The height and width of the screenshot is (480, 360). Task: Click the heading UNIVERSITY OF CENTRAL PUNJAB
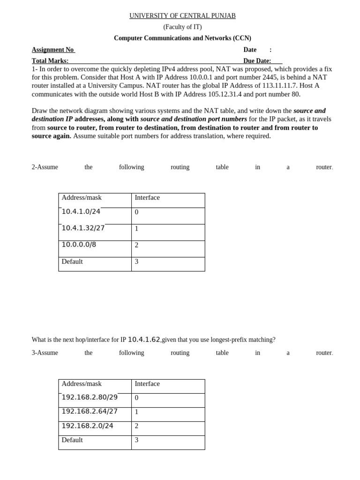pyautogui.click(x=182, y=16)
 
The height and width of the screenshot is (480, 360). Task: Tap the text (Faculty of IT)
pyautogui.click(x=182, y=27)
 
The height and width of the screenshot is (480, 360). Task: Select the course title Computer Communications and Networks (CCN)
pyautogui.click(x=182, y=38)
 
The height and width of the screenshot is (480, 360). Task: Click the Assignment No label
pyautogui.click(x=52, y=50)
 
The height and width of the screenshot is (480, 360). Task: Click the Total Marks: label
pyautogui.click(x=50, y=61)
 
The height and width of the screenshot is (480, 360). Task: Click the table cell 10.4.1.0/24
pyautogui.click(x=81, y=211)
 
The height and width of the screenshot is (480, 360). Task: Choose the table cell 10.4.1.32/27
pyautogui.click(x=83, y=228)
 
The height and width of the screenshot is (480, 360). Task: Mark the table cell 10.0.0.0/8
pyautogui.click(x=79, y=245)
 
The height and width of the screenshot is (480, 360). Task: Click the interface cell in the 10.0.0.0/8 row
pyautogui.click(x=136, y=245)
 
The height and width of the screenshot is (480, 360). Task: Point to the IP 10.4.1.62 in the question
pyautogui.click(x=144, y=339)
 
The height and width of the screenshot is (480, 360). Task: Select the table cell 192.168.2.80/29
pyautogui.click(x=90, y=397)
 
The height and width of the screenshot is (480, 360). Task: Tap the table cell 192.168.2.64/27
pyautogui.click(x=90, y=412)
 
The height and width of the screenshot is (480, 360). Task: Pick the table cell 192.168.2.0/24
pyautogui.click(x=87, y=426)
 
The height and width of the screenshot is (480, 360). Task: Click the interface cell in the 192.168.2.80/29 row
pyautogui.click(x=136, y=398)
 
